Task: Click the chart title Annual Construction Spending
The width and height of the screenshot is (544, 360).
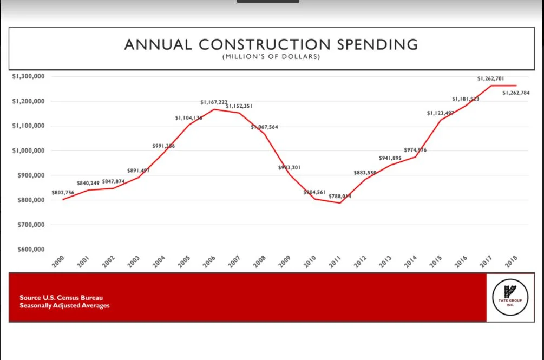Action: coord(271,44)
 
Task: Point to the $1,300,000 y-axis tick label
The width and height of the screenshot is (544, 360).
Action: coord(29,76)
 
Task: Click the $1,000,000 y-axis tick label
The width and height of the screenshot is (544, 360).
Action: coord(29,150)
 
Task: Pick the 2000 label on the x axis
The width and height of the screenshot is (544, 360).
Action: coord(58,261)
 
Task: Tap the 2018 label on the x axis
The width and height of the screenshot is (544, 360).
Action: coord(510,261)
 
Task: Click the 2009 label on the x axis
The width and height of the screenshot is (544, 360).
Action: coord(284,261)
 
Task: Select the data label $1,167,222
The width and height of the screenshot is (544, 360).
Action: coord(214,102)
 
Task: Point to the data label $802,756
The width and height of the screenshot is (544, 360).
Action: coord(63,192)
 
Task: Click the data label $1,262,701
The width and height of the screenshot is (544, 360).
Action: coord(491,78)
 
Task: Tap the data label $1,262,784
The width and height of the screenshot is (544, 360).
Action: coord(516,93)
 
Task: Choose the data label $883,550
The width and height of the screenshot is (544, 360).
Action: coord(365,173)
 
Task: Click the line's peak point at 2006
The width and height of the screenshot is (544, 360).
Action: coord(214,109)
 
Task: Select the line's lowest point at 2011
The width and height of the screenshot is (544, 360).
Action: coord(340,203)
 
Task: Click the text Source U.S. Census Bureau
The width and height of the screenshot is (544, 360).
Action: coord(61,298)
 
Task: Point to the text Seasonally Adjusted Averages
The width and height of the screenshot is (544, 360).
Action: coord(64,306)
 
